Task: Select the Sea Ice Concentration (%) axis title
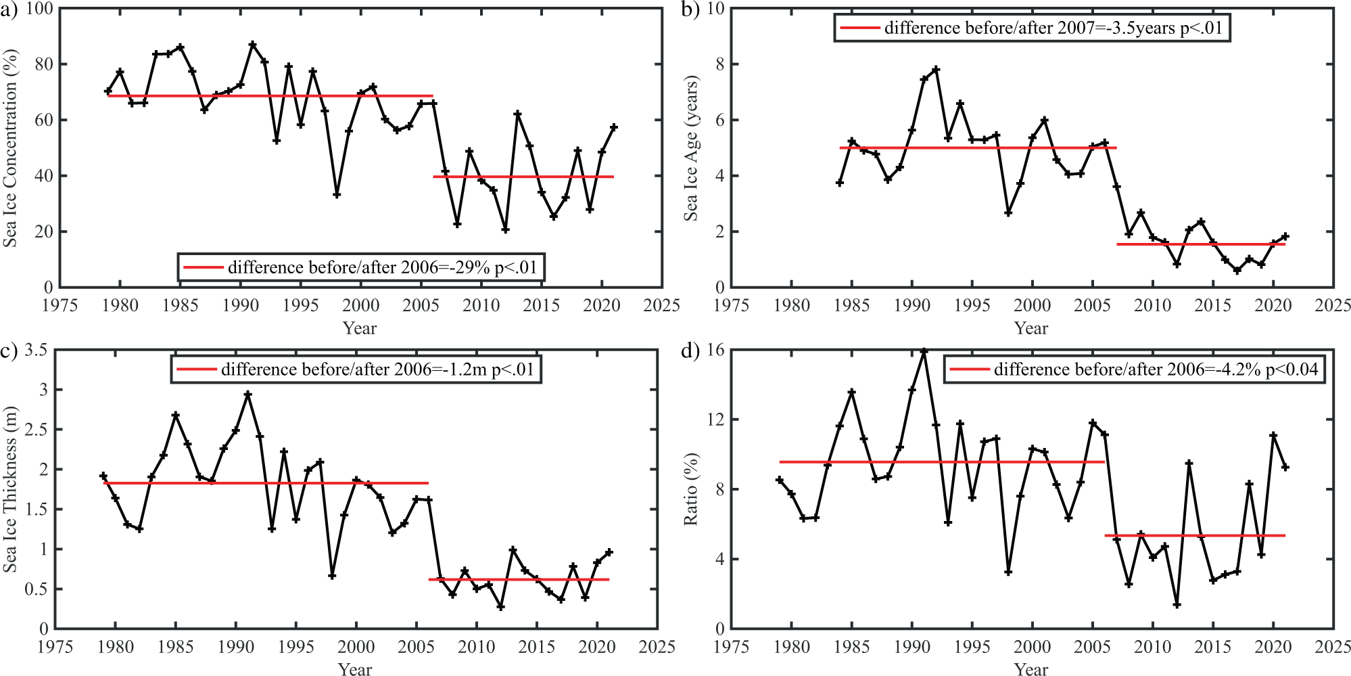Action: [10, 148]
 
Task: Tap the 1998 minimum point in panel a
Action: [337, 195]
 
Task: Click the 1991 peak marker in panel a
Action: [253, 45]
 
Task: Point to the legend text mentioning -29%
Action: [382, 267]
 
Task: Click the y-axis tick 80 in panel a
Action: [43, 64]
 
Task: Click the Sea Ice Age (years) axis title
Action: [690, 148]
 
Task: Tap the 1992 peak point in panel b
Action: [937, 70]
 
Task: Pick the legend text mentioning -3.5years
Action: [1053, 28]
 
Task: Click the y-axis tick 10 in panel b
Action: [715, 9]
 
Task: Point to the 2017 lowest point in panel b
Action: [1237, 271]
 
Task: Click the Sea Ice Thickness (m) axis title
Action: [10, 489]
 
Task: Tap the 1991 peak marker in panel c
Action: [248, 394]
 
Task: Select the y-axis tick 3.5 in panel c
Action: [36, 351]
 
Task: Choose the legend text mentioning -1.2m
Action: [377, 369]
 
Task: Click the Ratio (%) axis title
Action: [690, 489]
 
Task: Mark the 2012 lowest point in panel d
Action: [1177, 605]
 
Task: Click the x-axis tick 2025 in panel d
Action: [1333, 647]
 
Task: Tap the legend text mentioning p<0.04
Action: [1156, 369]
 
